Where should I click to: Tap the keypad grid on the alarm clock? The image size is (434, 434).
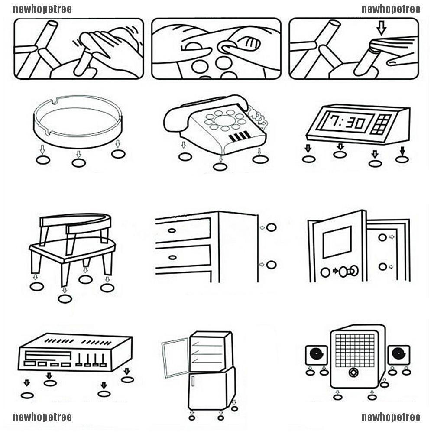pyautogui.click(x=384, y=123)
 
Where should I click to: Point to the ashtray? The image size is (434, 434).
pyautogui.click(x=78, y=119)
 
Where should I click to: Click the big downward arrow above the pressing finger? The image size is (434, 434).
pyautogui.click(x=381, y=29)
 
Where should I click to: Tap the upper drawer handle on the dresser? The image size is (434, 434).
pyautogui.click(x=172, y=230)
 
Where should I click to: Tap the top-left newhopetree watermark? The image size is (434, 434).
pyautogui.click(x=42, y=9)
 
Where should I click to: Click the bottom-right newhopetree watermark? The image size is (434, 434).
pyautogui.click(x=391, y=417)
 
